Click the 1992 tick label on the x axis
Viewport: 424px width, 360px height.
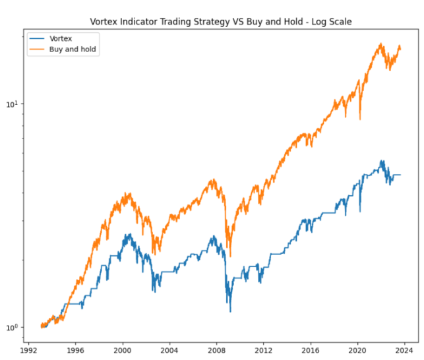point(28,350)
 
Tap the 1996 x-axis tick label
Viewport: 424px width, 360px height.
point(75,350)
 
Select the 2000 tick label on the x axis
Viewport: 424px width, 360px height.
point(123,350)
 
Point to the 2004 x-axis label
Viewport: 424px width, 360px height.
point(169,350)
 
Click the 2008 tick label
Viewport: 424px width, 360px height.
point(217,350)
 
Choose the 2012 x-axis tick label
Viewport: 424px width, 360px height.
point(264,350)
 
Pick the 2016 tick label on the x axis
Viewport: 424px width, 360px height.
point(311,350)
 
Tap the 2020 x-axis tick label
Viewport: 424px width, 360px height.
point(358,350)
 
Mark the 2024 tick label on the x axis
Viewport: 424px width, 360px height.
point(405,350)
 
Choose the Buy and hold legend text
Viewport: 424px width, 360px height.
point(73,49)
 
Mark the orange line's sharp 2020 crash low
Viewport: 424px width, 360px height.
point(360,119)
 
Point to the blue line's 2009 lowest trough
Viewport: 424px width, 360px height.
point(230,311)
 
